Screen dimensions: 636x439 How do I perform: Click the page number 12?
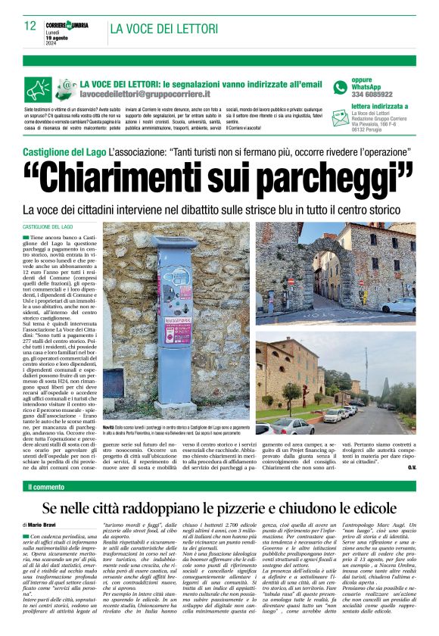[30, 26]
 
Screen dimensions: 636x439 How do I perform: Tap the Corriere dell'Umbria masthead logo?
[68, 26]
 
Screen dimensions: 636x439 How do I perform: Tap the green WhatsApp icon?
[340, 85]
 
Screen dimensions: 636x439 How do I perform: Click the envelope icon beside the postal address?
[341, 120]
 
